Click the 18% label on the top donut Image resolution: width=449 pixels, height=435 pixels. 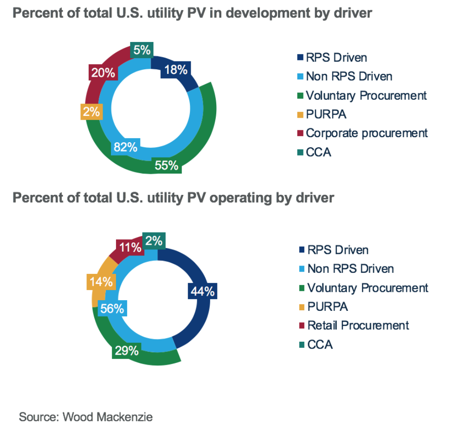coord(176,70)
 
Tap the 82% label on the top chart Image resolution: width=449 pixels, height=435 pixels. coord(126,147)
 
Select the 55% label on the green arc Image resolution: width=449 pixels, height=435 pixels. coord(167,165)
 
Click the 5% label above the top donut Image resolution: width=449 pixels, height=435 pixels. coord(141,50)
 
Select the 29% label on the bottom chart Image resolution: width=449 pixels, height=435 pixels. coord(126,350)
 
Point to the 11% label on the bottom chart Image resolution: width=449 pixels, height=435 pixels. coord(130,248)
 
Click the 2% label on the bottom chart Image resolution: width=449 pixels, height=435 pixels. coord(154,241)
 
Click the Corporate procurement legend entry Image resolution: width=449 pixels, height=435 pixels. coord(367,133)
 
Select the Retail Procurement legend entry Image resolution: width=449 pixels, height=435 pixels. coord(358,325)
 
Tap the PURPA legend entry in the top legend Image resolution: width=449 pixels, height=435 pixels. coord(326,114)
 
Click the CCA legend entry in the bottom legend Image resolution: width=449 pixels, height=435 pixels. coord(320,344)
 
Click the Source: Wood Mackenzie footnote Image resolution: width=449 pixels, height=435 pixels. coord(85,417)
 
